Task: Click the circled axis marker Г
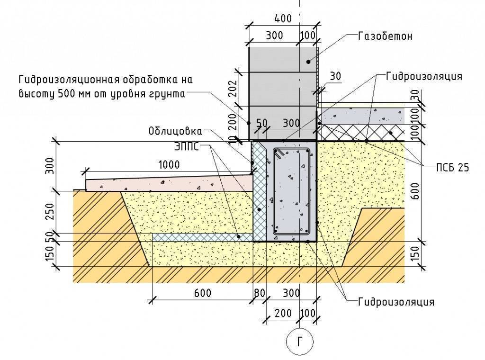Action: click(300, 342)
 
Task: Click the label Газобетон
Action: click(385, 36)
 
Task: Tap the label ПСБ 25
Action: click(452, 168)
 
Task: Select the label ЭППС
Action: click(186, 146)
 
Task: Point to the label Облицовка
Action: click(175, 131)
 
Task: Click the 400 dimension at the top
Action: click(283, 18)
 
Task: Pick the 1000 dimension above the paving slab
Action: click(169, 164)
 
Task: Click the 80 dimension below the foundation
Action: click(260, 293)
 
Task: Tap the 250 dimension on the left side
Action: click(50, 211)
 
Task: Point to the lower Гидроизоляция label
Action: click(396, 302)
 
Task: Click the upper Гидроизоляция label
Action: click(424, 76)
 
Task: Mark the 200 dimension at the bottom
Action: click(283, 313)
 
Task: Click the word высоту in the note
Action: click(36, 94)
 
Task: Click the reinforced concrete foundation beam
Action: click(291, 192)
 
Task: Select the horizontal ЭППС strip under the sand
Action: click(203, 237)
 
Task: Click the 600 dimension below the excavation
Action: click(203, 293)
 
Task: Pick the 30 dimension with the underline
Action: click(335, 76)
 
